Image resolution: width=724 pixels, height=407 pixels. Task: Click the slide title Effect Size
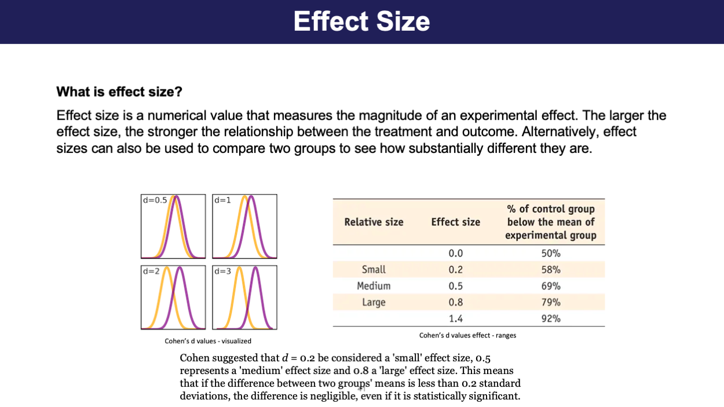coord(361,21)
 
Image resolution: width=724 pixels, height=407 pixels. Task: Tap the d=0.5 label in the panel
coord(154,200)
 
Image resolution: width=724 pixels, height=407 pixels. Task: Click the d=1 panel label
coord(222,200)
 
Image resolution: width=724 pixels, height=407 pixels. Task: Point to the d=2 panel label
coord(151,271)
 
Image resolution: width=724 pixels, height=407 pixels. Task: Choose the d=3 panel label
coord(222,271)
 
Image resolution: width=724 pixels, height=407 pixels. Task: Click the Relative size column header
coord(374,222)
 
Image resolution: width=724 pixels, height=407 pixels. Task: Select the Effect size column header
coord(455,222)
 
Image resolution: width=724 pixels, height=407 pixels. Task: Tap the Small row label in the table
coord(374,269)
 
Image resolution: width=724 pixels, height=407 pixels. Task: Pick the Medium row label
coord(374,286)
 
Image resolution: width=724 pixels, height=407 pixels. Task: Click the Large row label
coord(374,302)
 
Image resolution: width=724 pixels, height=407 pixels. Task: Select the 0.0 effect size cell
coord(456,253)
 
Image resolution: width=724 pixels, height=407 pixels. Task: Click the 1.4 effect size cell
coord(456,318)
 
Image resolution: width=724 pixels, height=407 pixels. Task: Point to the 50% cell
coord(550,253)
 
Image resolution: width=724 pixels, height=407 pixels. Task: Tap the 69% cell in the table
coord(550,286)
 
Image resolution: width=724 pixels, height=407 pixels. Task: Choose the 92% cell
coord(550,318)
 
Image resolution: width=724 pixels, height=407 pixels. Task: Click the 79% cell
coord(550,302)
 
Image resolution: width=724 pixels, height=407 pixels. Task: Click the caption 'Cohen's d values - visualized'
coord(208,341)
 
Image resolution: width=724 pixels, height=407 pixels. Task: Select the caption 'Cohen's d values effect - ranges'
coord(467,335)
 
